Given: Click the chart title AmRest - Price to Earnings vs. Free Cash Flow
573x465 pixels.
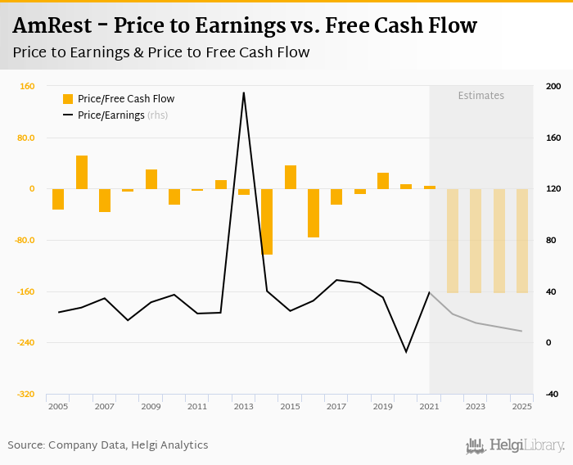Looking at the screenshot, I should (245, 25).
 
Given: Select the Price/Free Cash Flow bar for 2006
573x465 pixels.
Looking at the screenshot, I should (82, 172).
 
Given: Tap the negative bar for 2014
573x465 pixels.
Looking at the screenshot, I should (267, 221).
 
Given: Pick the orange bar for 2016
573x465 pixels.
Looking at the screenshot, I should (314, 213).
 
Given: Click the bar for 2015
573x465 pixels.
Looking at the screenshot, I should (291, 177).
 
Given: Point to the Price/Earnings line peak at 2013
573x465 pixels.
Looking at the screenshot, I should (243, 93).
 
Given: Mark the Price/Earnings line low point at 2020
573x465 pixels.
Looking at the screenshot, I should (406, 352).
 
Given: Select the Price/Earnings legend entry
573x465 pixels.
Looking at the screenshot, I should (122, 115).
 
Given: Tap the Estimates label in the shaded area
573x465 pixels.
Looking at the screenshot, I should (481, 96).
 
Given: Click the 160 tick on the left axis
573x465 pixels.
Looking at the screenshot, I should (27, 87).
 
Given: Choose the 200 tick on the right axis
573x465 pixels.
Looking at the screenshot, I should (553, 87).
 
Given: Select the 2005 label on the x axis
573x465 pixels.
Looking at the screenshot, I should (57, 406).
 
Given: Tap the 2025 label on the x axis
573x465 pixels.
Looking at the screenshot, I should (521, 406).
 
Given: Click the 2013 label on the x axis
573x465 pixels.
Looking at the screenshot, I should (243, 406).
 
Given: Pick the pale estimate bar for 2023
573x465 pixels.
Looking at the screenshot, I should (476, 241).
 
